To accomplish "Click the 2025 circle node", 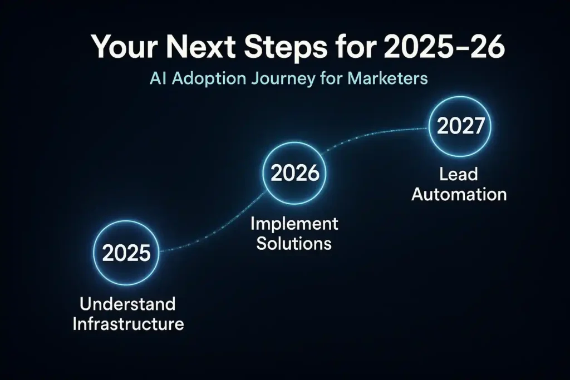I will (126, 254).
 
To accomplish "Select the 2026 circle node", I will (295, 174).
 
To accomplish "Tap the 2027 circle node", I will (460, 127).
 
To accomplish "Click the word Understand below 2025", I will (127, 304).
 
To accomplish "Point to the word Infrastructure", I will (128, 324).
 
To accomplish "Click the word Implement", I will (294, 224).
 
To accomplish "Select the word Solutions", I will (294, 243).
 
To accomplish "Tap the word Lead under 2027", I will (458, 175).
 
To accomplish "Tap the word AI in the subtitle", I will (158, 78).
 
